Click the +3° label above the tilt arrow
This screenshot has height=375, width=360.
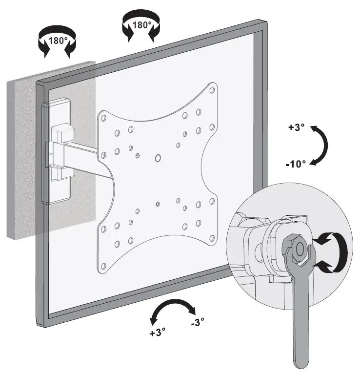(x=296, y=127)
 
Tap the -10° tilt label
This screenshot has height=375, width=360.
(x=296, y=164)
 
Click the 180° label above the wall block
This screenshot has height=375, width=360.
(x=58, y=41)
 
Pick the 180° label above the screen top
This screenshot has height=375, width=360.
(x=141, y=24)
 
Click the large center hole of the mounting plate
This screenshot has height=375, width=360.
(x=158, y=158)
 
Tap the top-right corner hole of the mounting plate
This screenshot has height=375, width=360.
(x=212, y=90)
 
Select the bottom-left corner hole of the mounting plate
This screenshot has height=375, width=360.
(x=102, y=266)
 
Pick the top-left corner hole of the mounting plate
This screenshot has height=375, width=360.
(x=103, y=118)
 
